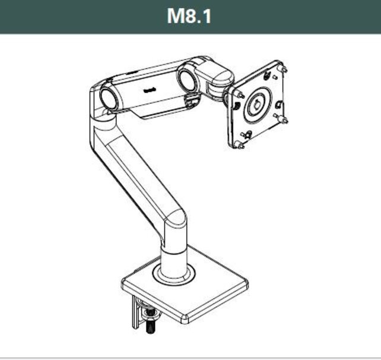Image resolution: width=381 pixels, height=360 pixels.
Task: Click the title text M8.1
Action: pos(189,16)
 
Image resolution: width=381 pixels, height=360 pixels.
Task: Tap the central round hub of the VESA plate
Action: pos(257,105)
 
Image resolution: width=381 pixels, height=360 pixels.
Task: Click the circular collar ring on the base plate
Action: pos(173,273)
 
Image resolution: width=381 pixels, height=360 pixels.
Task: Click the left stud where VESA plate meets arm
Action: pos(240,94)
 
